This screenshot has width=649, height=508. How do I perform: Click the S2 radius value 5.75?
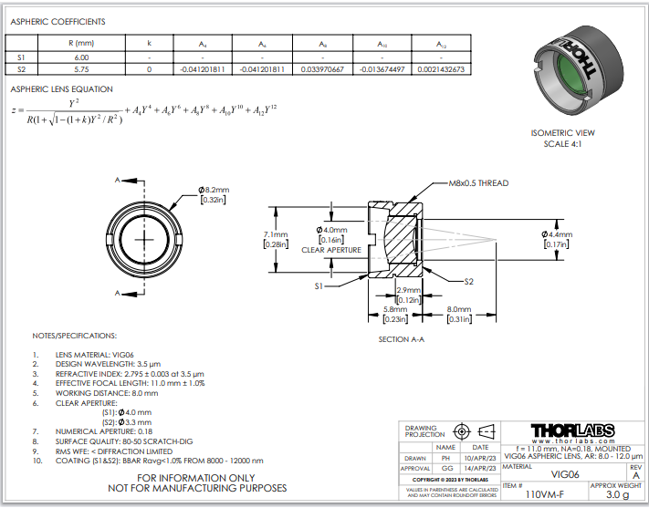(x=82, y=69)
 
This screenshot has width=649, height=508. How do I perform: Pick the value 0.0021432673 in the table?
(x=442, y=69)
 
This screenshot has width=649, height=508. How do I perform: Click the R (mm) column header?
(x=82, y=42)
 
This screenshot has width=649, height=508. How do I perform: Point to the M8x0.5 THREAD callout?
(x=478, y=183)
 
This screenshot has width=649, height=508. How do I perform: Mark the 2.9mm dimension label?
(x=408, y=289)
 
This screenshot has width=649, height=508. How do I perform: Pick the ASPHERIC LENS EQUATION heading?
(x=61, y=89)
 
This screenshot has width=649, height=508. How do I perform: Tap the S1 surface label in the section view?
(x=319, y=285)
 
